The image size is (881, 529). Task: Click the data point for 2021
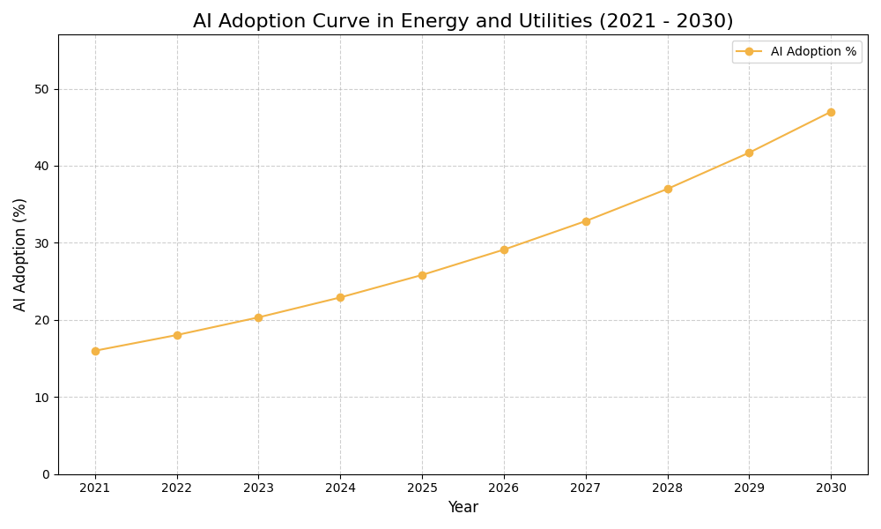tap(95, 351)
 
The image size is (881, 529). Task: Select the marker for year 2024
tap(340, 297)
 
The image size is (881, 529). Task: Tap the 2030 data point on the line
tap(831, 112)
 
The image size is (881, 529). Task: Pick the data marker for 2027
tap(586, 221)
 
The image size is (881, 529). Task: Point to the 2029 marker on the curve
tap(749, 153)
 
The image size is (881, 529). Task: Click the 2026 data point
tap(504, 250)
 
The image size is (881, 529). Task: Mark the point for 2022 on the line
tap(177, 335)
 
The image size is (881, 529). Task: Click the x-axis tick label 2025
tap(422, 488)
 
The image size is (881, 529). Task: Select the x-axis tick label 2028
tap(668, 488)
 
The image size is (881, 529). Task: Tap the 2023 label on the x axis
tap(258, 488)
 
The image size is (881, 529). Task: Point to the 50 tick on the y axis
tap(42, 89)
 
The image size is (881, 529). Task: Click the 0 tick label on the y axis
tap(47, 474)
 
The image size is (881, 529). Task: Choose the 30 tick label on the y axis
tap(42, 243)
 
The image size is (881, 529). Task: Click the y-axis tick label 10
tap(42, 398)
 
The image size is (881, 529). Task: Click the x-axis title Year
tap(463, 508)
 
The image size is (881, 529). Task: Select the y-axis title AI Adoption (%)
tap(20, 254)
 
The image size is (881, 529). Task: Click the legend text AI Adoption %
tap(813, 52)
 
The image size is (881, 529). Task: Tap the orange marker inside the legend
tap(749, 52)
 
